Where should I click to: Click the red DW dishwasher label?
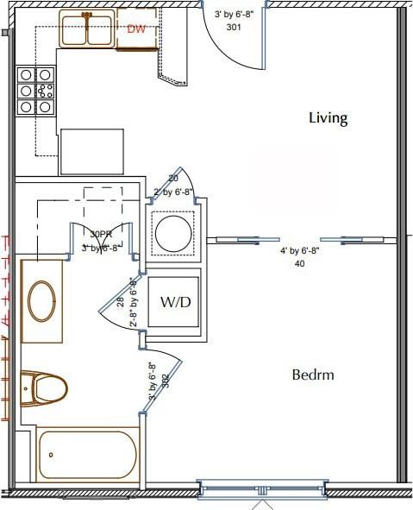pyautogui.click(x=135, y=28)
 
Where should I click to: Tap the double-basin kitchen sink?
pyautogui.click(x=87, y=29)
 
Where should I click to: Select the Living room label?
pyautogui.click(x=328, y=118)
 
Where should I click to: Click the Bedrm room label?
pyautogui.click(x=312, y=375)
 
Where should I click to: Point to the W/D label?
pyautogui.click(x=175, y=303)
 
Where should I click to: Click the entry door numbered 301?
pyautogui.click(x=233, y=39)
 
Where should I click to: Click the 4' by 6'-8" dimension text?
pyautogui.click(x=299, y=251)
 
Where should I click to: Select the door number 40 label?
pyautogui.click(x=299, y=264)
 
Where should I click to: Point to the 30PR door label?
pyautogui.click(x=101, y=233)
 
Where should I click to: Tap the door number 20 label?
pyautogui.click(x=172, y=179)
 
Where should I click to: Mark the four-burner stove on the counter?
pyautogui.click(x=36, y=91)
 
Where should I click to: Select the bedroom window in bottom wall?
pyautogui.click(x=262, y=489)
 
